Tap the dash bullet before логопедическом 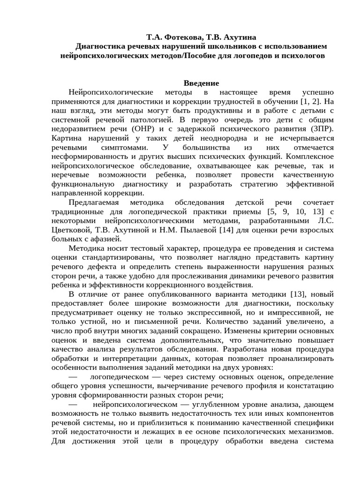(x=73, y=376)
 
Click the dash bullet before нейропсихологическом (x=73, y=404)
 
